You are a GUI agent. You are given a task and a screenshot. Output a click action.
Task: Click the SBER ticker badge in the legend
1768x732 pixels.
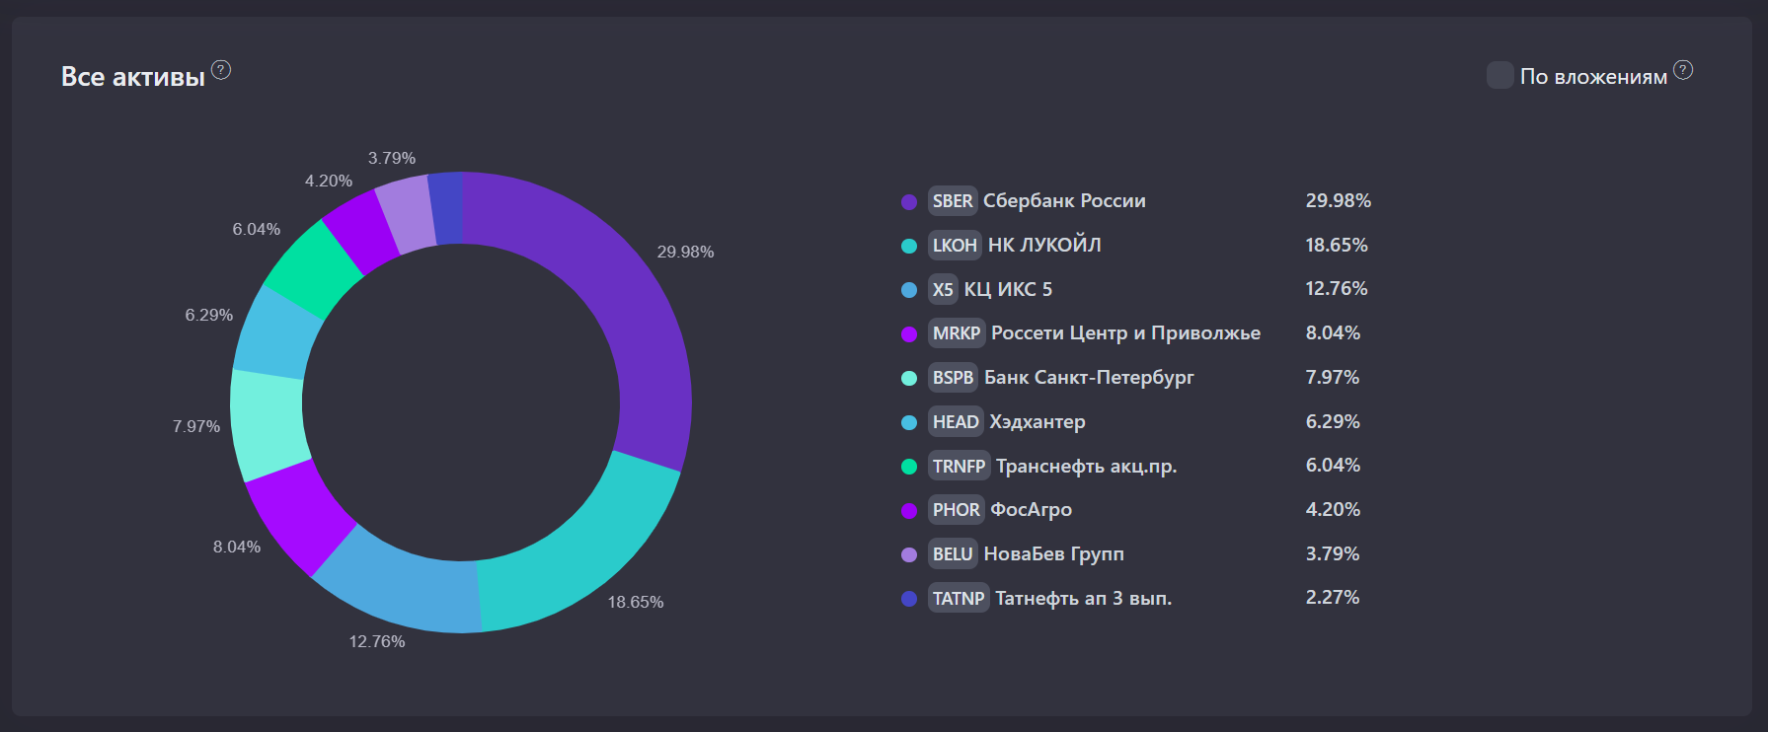(x=953, y=201)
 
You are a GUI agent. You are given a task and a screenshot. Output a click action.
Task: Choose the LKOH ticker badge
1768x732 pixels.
(x=955, y=246)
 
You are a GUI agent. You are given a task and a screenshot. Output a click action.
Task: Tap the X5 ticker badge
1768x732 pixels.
(x=943, y=289)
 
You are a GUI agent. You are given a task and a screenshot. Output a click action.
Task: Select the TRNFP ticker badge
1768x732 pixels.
(x=959, y=466)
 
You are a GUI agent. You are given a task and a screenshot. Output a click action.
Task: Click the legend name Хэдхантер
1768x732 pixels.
(x=1038, y=422)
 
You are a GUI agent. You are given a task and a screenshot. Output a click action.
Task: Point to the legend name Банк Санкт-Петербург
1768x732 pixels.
(x=1089, y=378)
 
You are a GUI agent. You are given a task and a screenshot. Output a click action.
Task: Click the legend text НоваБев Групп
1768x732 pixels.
(x=1053, y=554)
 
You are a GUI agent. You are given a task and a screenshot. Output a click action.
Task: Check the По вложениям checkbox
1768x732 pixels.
(x=1500, y=75)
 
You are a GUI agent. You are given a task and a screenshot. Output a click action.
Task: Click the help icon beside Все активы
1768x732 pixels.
(x=221, y=70)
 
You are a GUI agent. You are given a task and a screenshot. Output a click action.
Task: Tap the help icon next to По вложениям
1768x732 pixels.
(x=1683, y=70)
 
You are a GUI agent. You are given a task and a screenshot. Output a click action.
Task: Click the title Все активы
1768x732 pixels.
(x=133, y=77)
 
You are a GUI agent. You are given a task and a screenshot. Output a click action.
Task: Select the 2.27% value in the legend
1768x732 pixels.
(x=1333, y=598)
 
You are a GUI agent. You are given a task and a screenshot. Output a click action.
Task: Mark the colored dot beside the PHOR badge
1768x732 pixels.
(x=909, y=511)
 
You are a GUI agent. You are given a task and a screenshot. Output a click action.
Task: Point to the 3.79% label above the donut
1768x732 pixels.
(x=392, y=159)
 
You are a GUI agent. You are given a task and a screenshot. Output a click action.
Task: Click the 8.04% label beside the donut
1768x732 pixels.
(x=237, y=548)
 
